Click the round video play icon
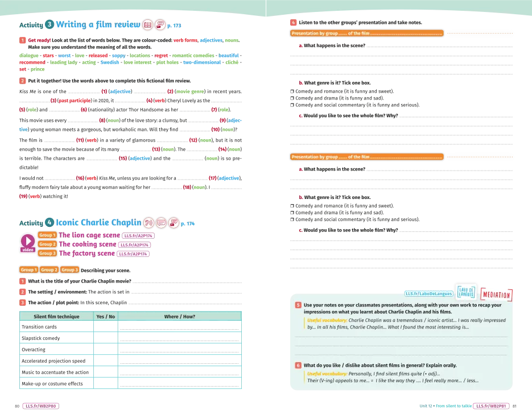tap(27, 241)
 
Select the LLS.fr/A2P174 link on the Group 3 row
tap(134, 254)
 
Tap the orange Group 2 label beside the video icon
tap(47, 244)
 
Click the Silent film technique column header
tap(56, 316)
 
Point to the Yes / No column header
tap(105, 316)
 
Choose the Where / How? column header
tap(179, 316)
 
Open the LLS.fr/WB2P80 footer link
tap(41, 406)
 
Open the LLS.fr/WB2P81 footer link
tap(492, 406)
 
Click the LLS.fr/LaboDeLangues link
tap(428, 293)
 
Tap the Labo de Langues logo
tap(466, 291)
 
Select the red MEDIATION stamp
tap(496, 295)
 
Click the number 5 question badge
tap(298, 305)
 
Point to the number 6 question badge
tap(298, 365)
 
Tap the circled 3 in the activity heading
tap(50, 24)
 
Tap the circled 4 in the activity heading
tap(50, 222)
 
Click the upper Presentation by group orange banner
tap(366, 34)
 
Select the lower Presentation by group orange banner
tap(366, 157)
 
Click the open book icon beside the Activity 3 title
tap(148, 25)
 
